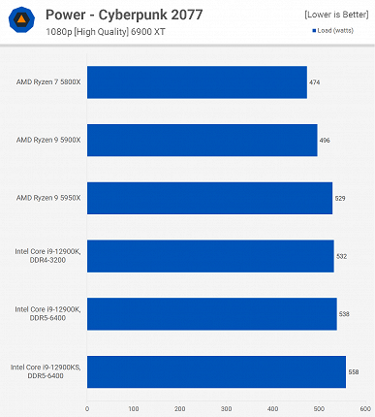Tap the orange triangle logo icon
point(20,19)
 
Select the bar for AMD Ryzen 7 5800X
point(197,82)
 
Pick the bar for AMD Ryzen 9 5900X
point(202,140)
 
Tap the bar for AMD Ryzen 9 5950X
point(209,198)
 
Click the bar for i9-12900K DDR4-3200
point(210,256)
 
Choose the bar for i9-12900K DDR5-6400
point(211,314)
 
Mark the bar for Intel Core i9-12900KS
point(216,372)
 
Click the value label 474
point(315,82)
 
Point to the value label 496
point(325,140)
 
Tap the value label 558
point(354,372)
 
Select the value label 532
point(341,256)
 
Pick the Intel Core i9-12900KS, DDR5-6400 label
point(46,372)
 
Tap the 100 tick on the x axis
point(134,408)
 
